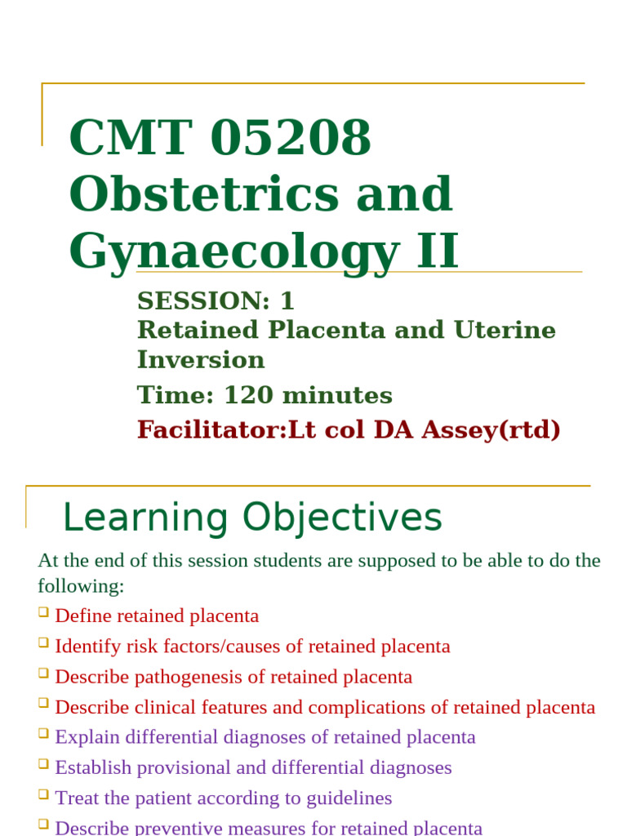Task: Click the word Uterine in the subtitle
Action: (506, 330)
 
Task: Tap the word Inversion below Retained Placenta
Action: (201, 359)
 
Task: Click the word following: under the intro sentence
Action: (81, 586)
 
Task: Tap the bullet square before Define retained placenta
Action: (43, 612)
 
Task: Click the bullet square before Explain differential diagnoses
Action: (43, 733)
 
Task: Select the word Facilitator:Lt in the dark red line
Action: (211, 429)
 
